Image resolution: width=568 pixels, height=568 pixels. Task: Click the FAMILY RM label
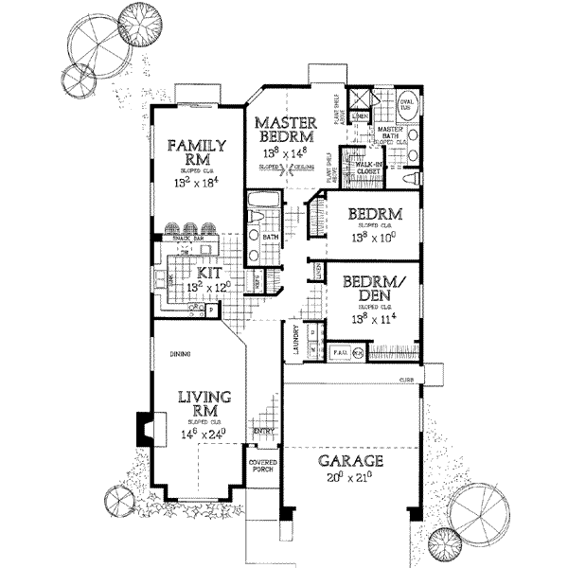pyautogui.click(x=196, y=152)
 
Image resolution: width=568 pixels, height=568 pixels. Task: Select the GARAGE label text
pyautogui.click(x=350, y=461)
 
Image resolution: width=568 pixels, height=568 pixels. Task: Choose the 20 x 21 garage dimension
pyautogui.click(x=350, y=478)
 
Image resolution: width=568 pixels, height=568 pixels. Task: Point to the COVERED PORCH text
pyautogui.click(x=261, y=468)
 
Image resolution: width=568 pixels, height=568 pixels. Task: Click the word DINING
pyautogui.click(x=181, y=355)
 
